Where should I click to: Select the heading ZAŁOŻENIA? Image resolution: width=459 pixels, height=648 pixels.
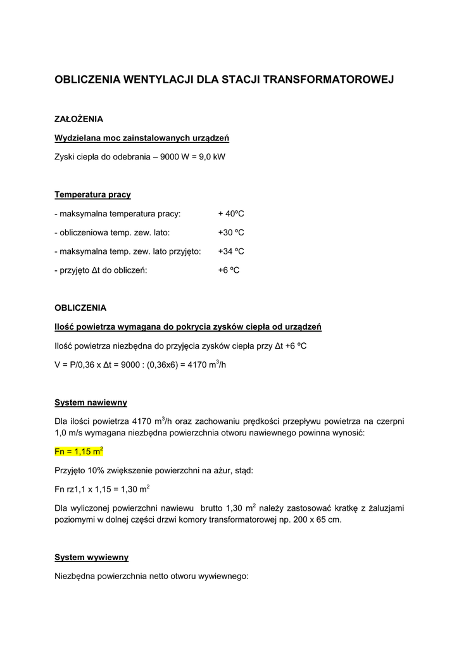pos(79,118)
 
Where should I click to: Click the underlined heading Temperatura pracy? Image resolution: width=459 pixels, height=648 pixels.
pos(92,194)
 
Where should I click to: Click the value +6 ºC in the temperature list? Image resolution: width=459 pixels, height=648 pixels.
pos(228,270)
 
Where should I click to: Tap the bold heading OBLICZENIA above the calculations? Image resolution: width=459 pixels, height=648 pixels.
pos(80,308)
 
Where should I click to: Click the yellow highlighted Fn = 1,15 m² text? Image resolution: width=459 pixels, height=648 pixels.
pos(79,452)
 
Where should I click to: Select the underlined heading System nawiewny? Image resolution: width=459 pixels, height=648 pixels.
pos(91,402)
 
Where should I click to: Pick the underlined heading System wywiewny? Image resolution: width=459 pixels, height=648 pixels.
pos(91,558)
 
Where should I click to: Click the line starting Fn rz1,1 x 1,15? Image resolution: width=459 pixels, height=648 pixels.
pos(102,489)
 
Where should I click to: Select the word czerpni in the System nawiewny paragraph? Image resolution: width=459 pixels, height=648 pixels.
pos(389,421)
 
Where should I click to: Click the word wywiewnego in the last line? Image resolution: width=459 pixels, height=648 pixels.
pos(223,576)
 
